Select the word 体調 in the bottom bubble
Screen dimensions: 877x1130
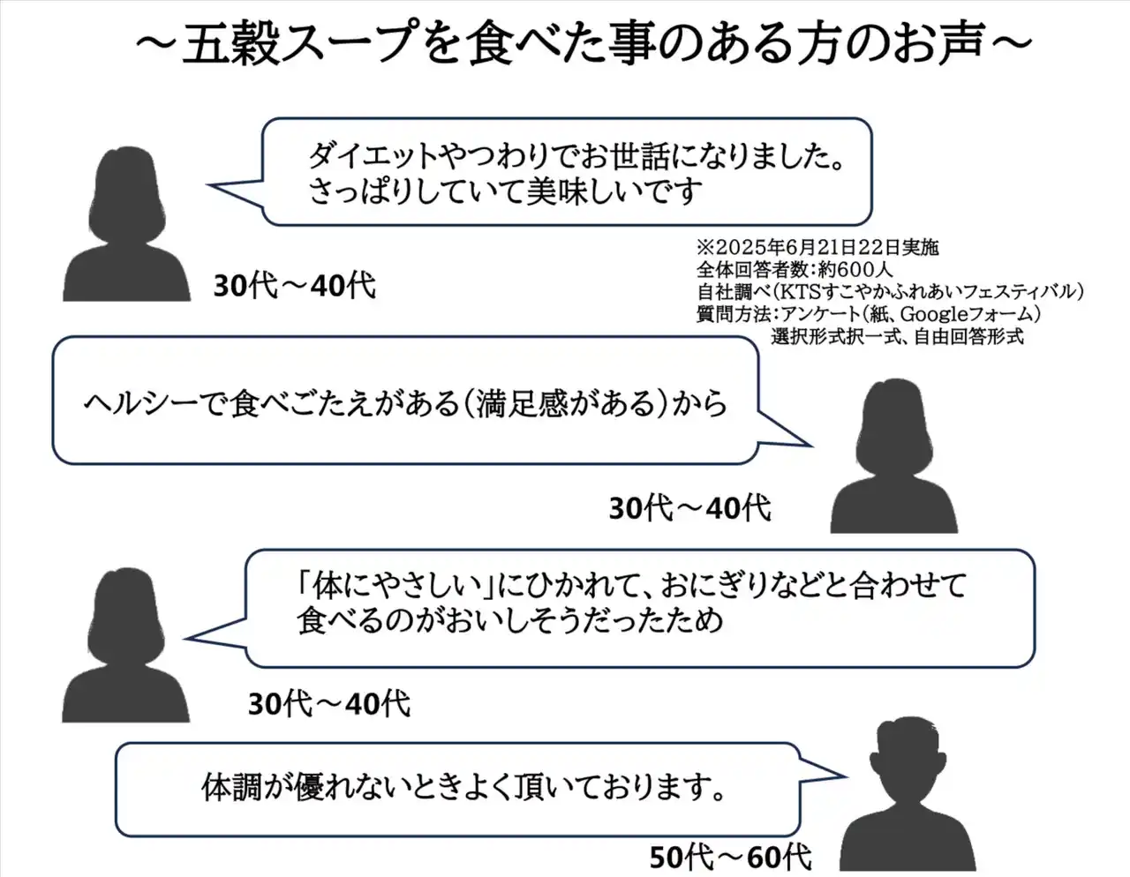click(228, 786)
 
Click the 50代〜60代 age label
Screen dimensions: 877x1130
click(730, 856)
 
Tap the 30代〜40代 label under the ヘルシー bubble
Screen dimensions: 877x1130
click(689, 508)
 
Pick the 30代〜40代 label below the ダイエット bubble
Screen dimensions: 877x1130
click(294, 285)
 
